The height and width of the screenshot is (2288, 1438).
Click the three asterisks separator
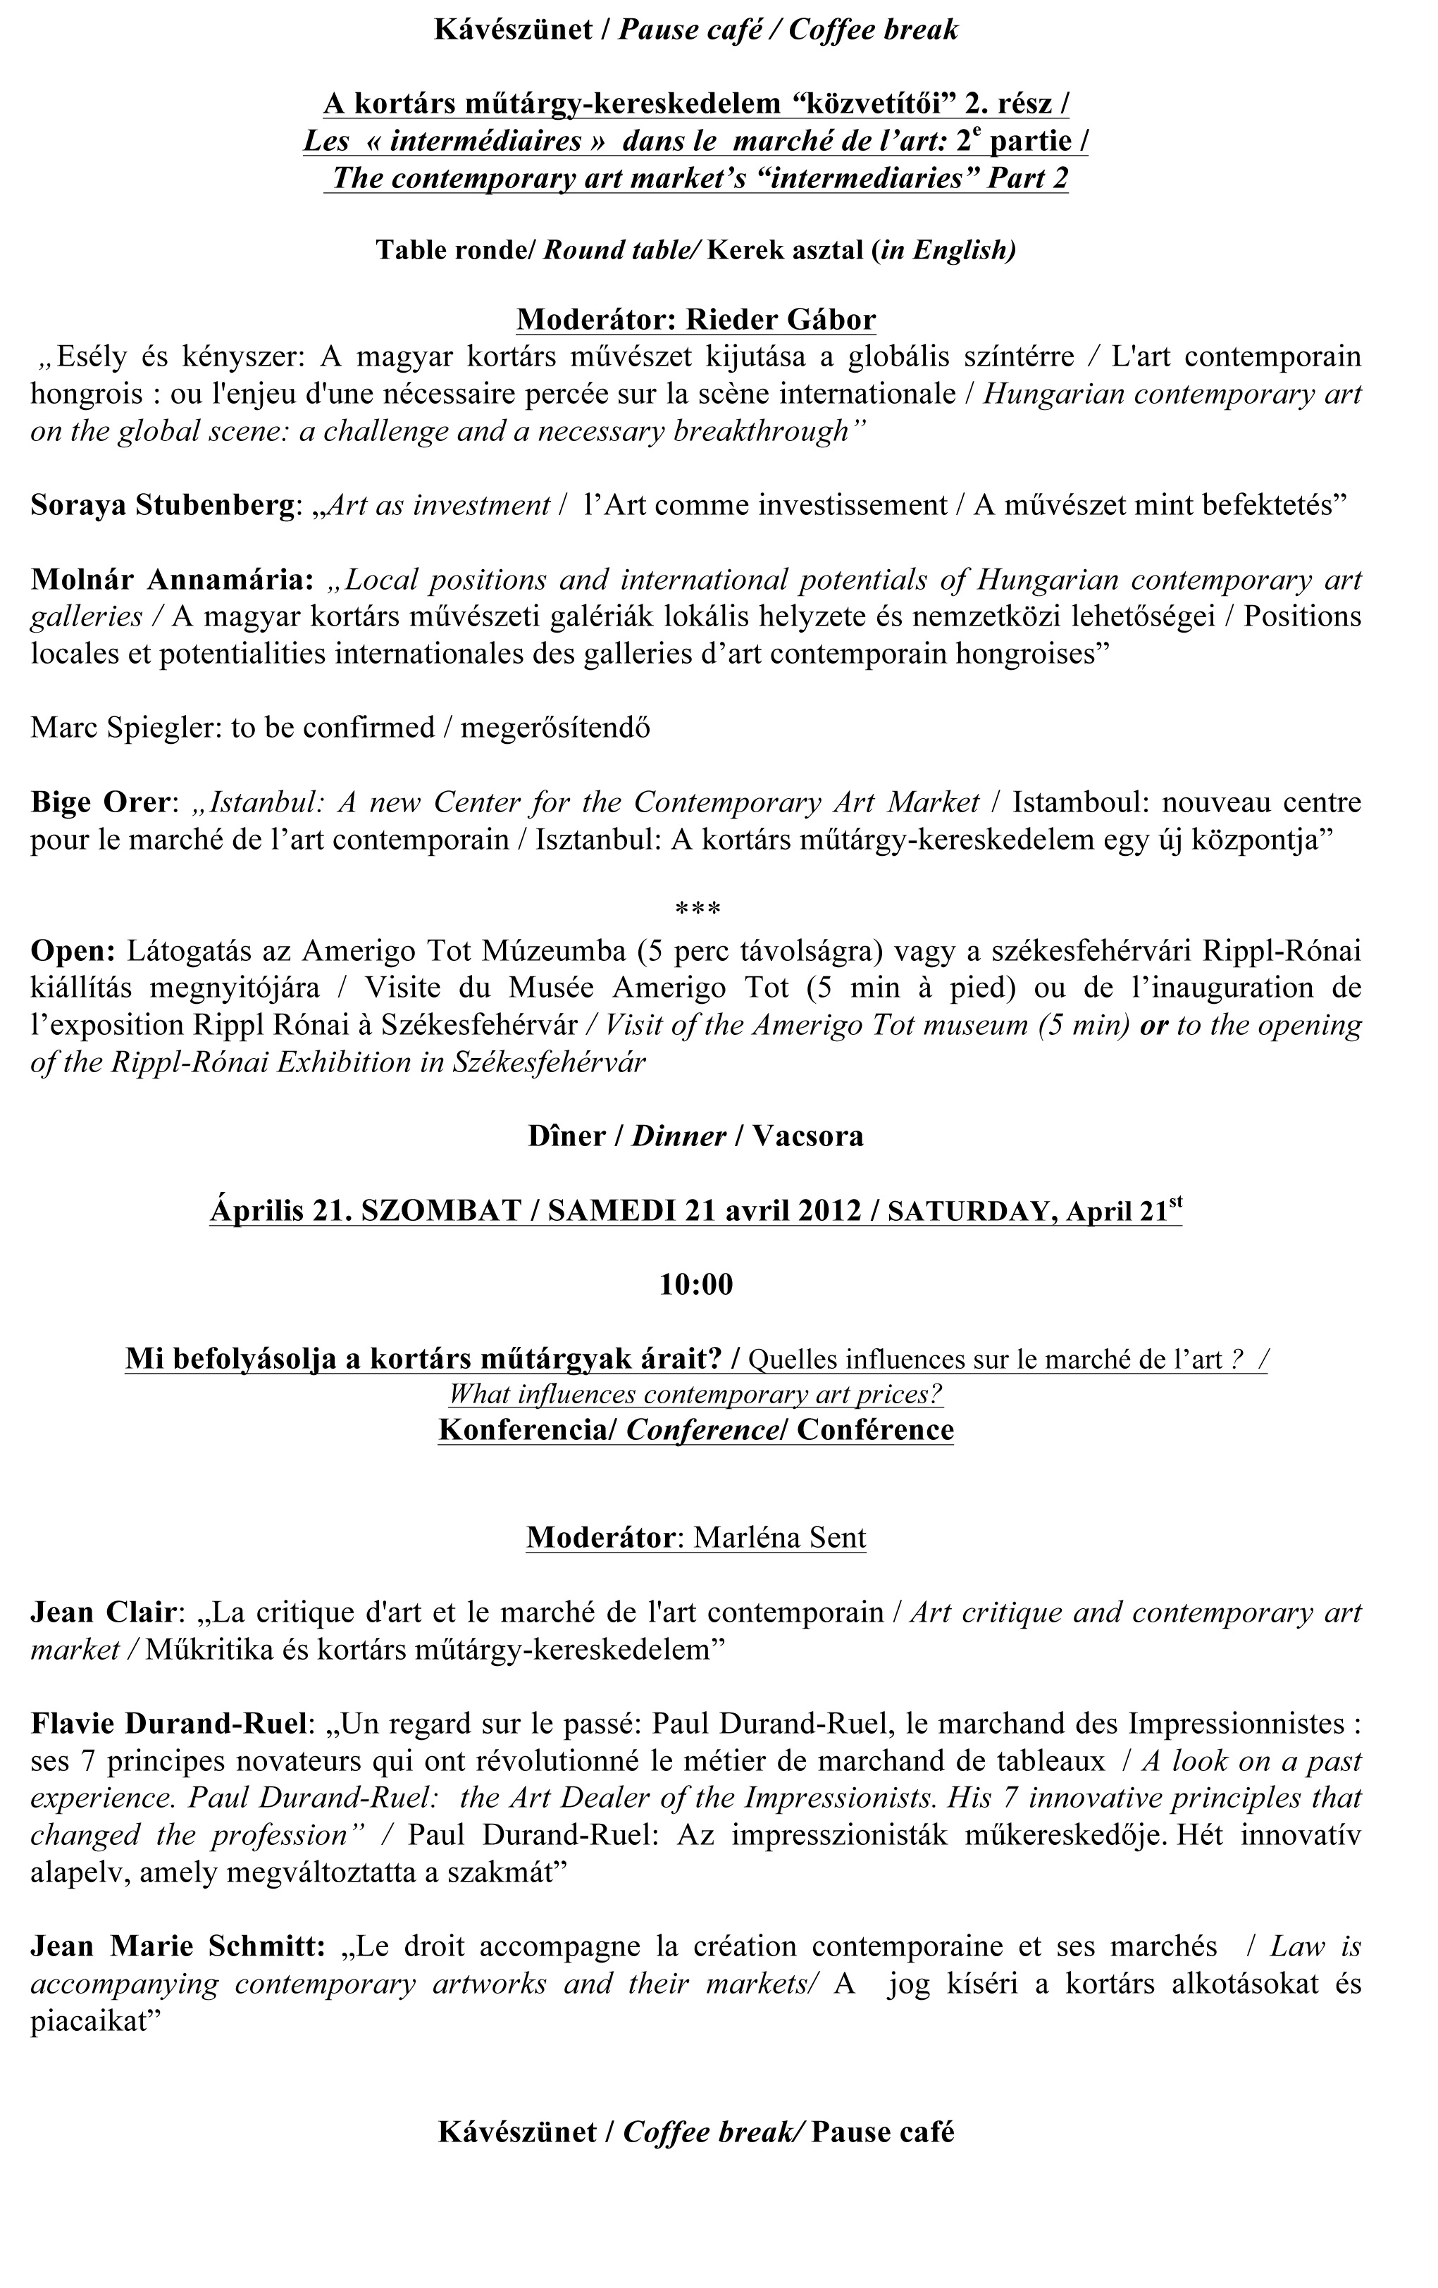(697, 910)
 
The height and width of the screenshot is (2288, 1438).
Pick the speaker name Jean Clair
(104, 1612)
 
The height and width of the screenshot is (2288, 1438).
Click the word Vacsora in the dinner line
(808, 1136)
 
